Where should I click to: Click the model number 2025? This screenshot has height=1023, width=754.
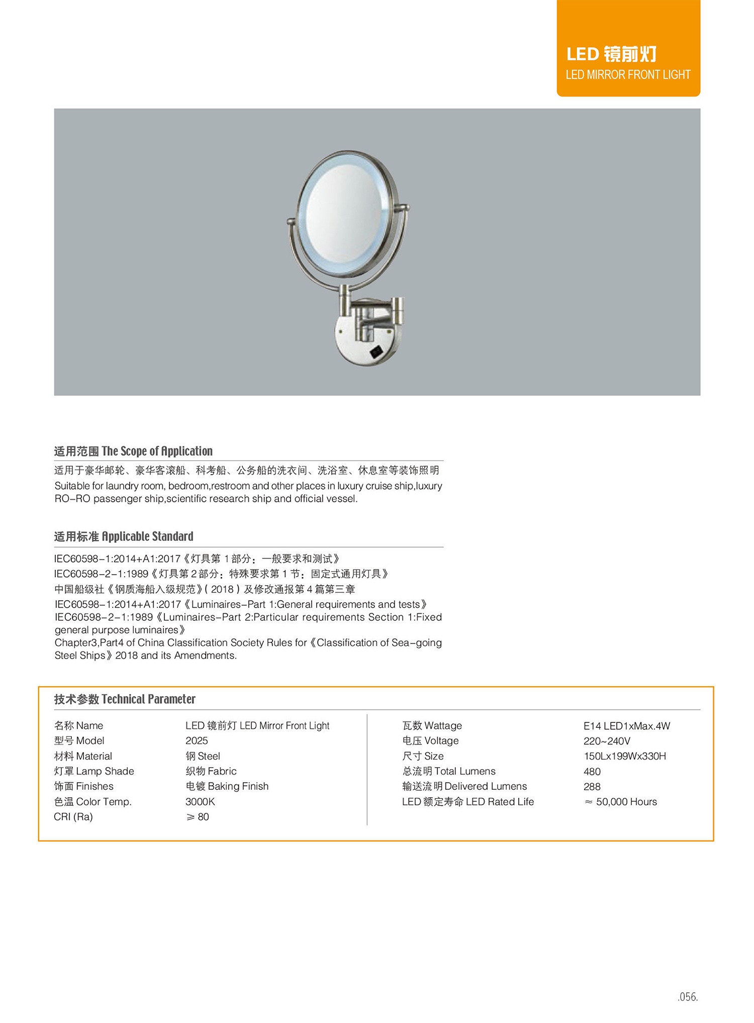197,740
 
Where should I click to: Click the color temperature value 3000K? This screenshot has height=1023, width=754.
200,802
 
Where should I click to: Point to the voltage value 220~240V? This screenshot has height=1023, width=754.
607,741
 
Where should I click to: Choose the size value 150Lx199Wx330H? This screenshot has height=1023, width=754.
625,756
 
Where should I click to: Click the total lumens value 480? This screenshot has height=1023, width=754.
592,772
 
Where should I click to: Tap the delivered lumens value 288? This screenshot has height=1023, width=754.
592,787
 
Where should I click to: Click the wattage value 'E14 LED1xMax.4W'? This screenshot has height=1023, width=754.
627,726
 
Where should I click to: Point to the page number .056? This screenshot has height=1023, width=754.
688,997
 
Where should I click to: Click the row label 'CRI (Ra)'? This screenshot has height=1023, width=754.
73,817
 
